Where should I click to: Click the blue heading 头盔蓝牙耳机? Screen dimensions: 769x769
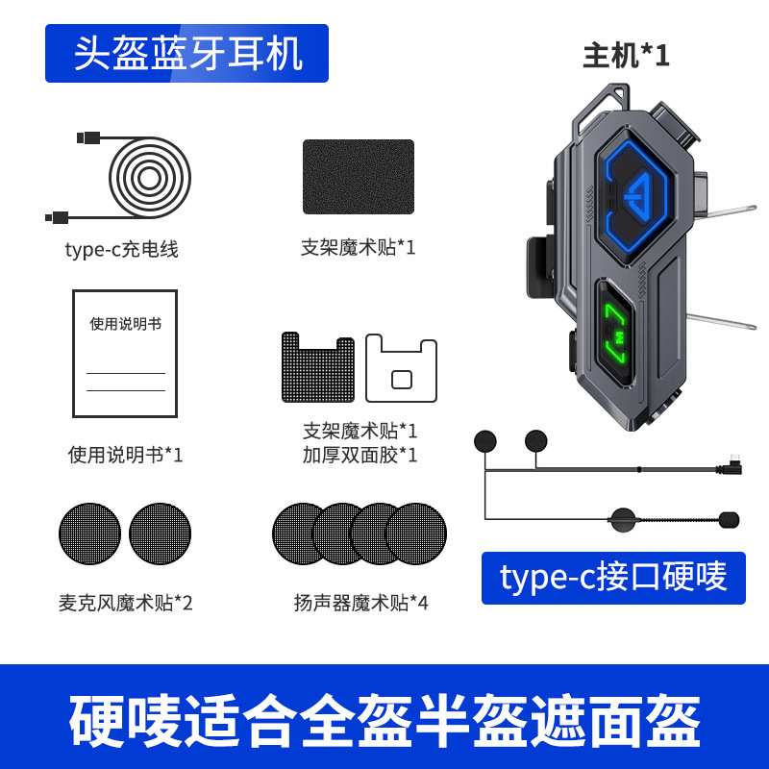pos(187,54)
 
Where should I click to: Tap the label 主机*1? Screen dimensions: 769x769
pos(626,56)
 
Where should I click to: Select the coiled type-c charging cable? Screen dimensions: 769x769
pos(149,177)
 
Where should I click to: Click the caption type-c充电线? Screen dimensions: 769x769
pos(121,250)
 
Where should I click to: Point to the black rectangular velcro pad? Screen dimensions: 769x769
pos(359,177)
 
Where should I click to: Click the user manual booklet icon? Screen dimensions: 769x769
pos(125,353)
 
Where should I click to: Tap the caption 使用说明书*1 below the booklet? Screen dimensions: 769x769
pos(125,455)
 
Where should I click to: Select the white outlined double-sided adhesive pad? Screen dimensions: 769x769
pos(402,367)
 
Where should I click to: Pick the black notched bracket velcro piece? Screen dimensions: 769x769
pos(317,367)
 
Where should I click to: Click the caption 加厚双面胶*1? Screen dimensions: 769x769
pos(360,455)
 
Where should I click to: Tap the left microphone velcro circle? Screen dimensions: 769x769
pos(90,534)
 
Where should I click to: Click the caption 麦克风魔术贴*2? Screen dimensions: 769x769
pos(125,604)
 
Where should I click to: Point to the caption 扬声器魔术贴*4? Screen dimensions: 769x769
pos(360,604)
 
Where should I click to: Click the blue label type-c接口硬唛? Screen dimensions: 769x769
pos(613,577)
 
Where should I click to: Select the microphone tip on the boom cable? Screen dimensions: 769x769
pos(727,519)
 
